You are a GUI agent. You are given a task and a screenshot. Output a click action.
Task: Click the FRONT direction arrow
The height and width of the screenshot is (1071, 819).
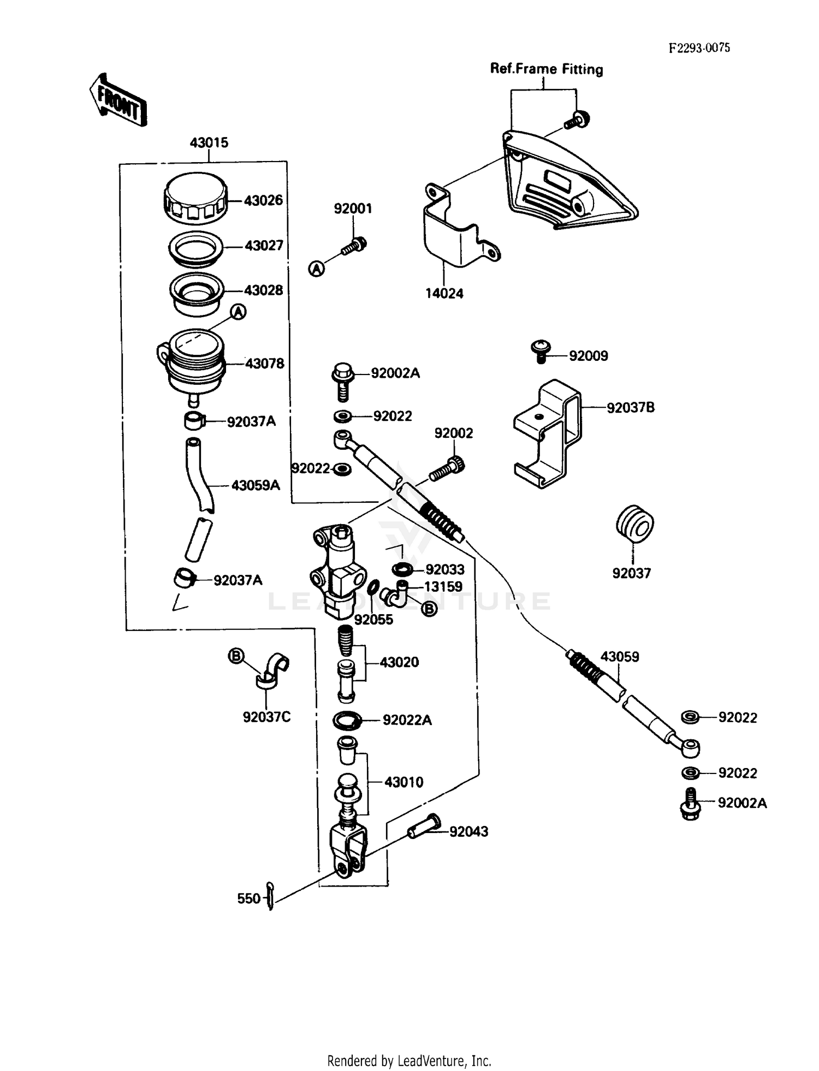(118, 100)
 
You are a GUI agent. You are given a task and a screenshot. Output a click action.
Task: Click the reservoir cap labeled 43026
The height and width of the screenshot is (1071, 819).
(195, 199)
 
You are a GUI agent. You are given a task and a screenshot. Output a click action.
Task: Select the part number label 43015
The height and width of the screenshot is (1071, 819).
(209, 143)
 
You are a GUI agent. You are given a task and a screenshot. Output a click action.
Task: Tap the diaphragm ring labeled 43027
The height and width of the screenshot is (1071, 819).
(195, 247)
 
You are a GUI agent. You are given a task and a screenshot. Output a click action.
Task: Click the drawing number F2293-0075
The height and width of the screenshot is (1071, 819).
(699, 47)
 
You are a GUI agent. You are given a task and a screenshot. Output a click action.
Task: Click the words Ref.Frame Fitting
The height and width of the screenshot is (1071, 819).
(546, 69)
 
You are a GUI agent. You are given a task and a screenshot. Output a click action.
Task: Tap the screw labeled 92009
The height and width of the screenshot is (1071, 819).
(541, 351)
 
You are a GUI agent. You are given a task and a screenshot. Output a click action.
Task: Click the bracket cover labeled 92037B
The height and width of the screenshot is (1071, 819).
(548, 434)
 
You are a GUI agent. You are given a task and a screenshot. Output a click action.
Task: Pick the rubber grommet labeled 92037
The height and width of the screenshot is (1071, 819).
(634, 524)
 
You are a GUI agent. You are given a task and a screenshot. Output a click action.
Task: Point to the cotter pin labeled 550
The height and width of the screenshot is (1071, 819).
(270, 897)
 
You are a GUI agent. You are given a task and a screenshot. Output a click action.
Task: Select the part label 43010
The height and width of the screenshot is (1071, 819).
(403, 782)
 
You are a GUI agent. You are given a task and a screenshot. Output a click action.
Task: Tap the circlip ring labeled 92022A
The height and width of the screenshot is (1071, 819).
(347, 721)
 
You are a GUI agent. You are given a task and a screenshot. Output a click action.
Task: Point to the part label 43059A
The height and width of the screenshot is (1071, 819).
(255, 485)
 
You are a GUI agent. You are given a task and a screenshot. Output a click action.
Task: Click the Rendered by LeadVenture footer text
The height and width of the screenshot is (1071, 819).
(409, 1061)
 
